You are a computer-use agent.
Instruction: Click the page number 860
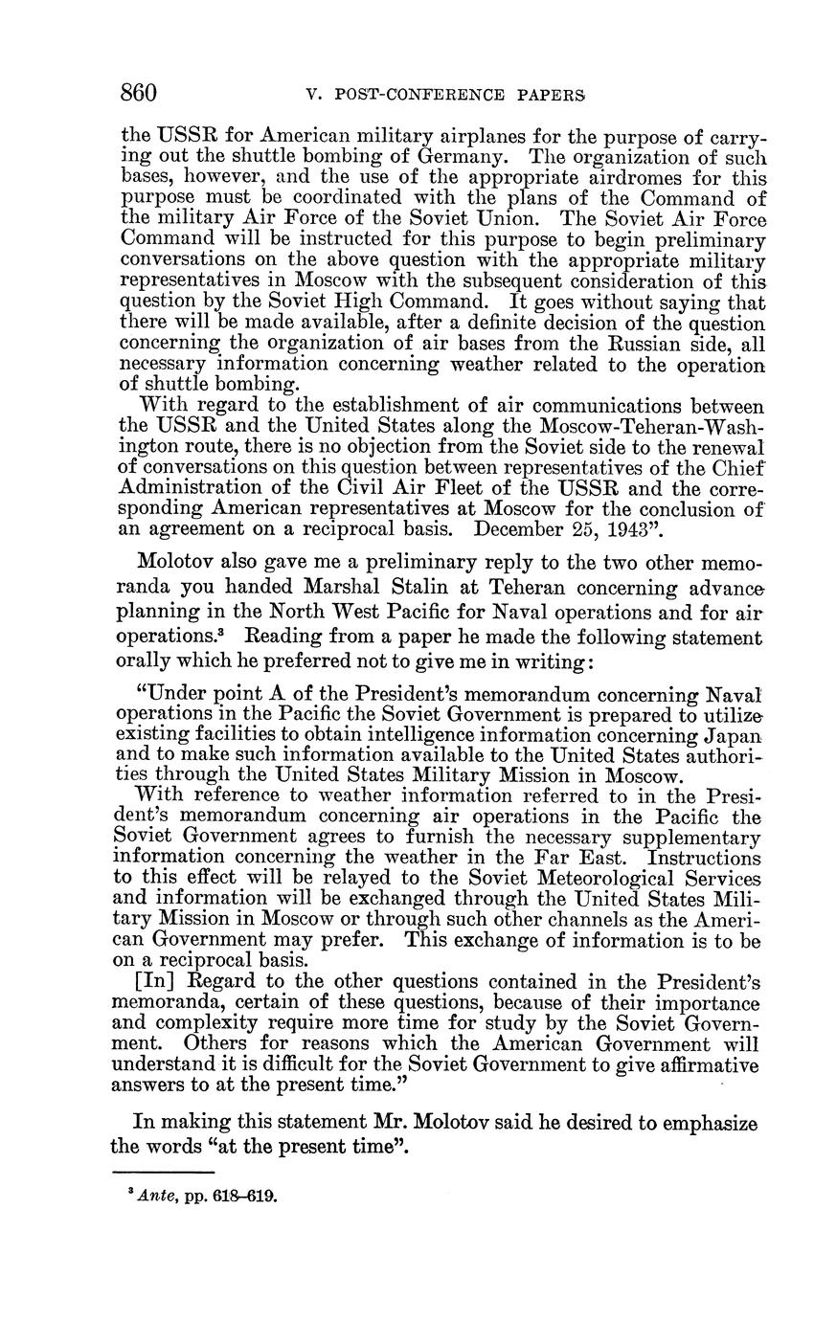coord(139,93)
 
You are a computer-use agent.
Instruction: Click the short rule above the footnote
coord(162,1172)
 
